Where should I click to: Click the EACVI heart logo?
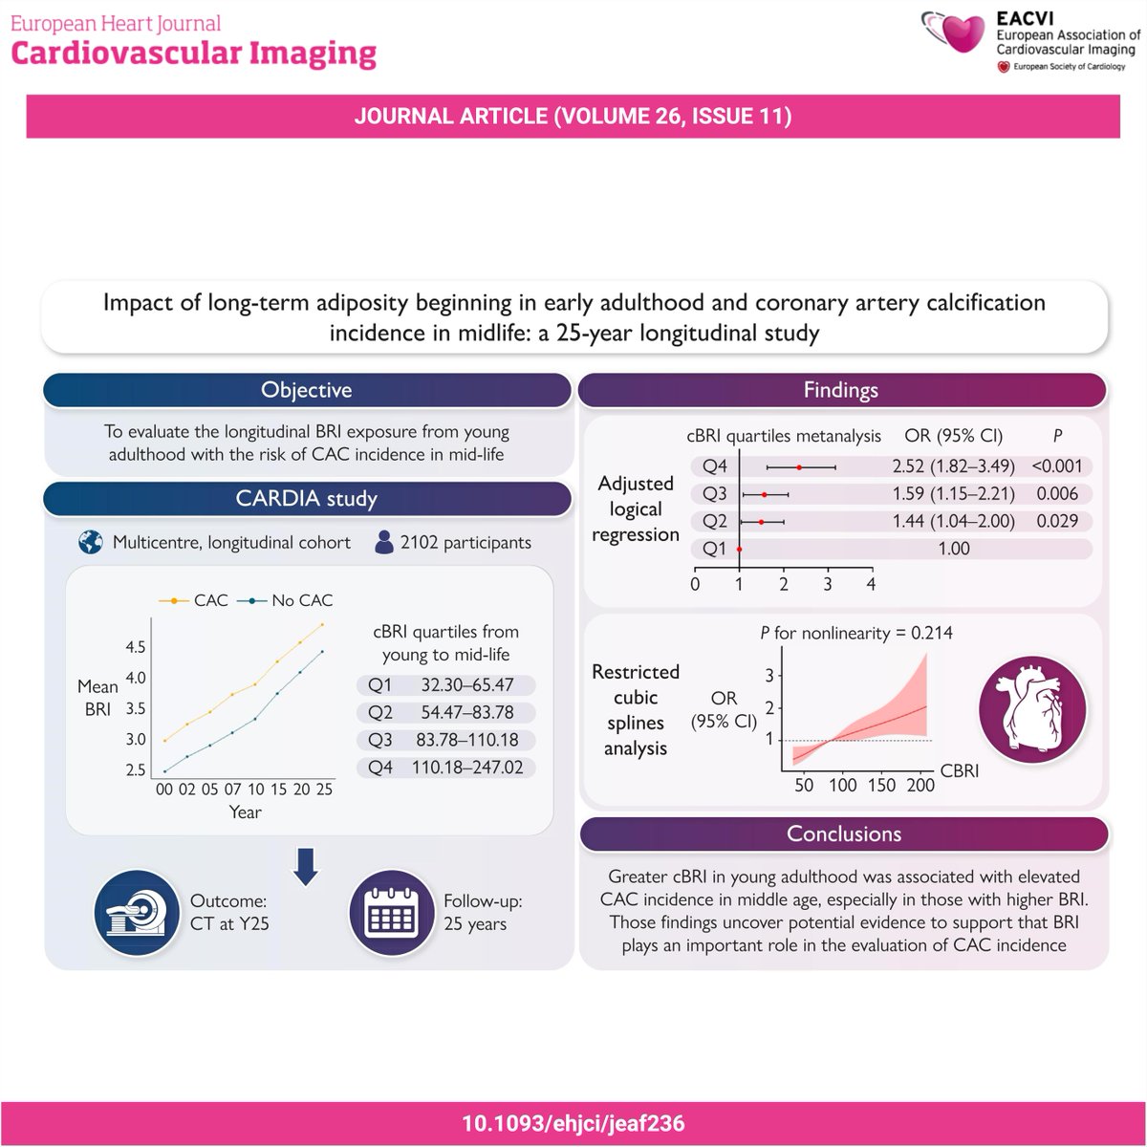tap(957, 34)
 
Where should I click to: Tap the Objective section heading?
tap(307, 390)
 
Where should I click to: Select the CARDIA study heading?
tap(307, 498)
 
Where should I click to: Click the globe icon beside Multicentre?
tap(91, 542)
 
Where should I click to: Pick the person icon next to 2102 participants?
tap(384, 542)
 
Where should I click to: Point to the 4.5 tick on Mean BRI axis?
tap(135, 647)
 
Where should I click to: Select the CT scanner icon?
tap(136, 912)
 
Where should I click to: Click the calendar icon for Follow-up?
tap(390, 912)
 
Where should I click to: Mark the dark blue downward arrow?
tap(306, 866)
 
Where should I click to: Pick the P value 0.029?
tap(1056, 521)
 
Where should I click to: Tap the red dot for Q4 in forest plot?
tap(799, 466)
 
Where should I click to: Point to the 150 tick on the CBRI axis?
tap(881, 785)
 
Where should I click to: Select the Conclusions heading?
tap(844, 833)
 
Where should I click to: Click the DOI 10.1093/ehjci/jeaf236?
tap(573, 1122)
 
